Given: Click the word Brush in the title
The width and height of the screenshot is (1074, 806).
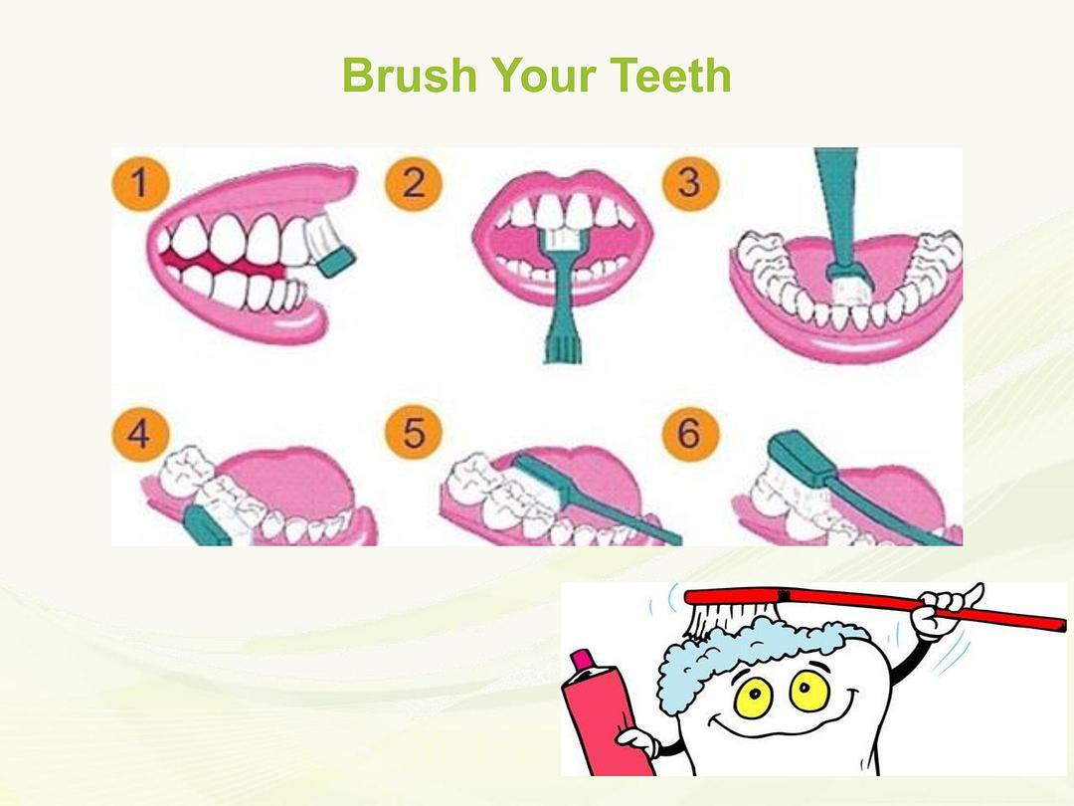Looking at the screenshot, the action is click(x=409, y=76).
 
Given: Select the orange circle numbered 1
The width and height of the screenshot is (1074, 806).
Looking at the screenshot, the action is click(x=140, y=184).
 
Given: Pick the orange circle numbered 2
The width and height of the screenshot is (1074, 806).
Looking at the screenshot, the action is click(x=414, y=184).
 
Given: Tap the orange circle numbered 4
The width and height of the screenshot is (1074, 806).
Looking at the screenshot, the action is click(x=140, y=433).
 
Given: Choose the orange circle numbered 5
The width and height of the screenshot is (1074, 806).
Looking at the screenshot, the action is click(x=414, y=433).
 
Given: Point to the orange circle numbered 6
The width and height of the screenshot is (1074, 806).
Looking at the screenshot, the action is click(x=690, y=433).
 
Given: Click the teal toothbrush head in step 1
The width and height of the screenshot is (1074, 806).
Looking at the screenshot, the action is click(x=337, y=262).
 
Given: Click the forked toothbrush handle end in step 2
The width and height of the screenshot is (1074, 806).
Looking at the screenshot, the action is click(x=563, y=344).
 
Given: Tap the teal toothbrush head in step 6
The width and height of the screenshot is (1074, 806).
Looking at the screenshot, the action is click(x=802, y=456).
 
